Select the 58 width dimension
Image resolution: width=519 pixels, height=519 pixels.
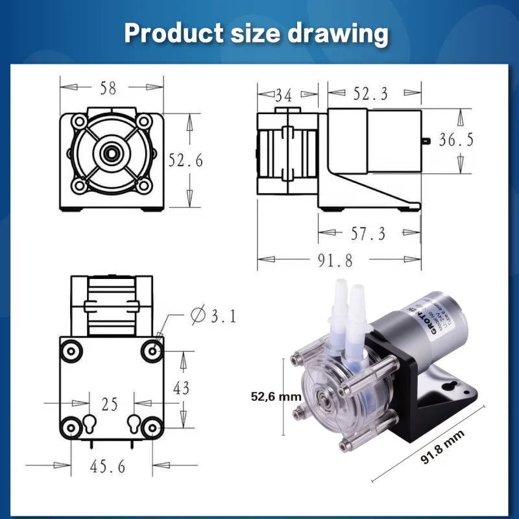pos(109,88)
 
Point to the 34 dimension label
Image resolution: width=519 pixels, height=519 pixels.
pos(283,95)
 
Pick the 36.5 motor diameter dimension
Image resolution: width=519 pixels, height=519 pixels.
pos(456,140)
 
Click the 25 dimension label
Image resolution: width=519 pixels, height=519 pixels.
pos(110,405)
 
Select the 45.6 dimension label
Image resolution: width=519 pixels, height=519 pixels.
pos(110,465)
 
